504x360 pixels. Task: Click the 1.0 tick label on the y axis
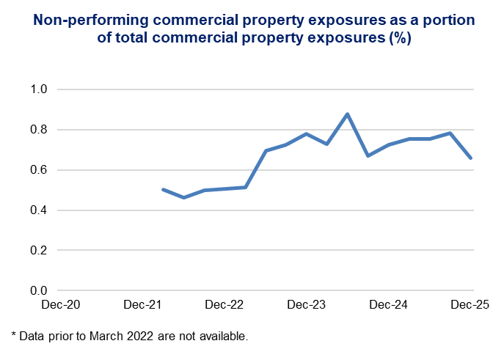[x=38, y=89]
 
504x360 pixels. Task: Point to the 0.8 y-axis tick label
[x=38, y=130]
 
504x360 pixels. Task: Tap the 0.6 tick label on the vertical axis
[x=38, y=170]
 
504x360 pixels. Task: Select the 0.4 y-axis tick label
[x=38, y=210]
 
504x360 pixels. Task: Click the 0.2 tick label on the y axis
[x=38, y=251]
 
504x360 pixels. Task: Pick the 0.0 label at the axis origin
[x=38, y=291]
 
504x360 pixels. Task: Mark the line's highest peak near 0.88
[x=347, y=114]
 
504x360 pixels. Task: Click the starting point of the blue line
[x=163, y=189]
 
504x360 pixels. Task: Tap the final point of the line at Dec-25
[x=471, y=158]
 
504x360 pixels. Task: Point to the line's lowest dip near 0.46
[x=183, y=197]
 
